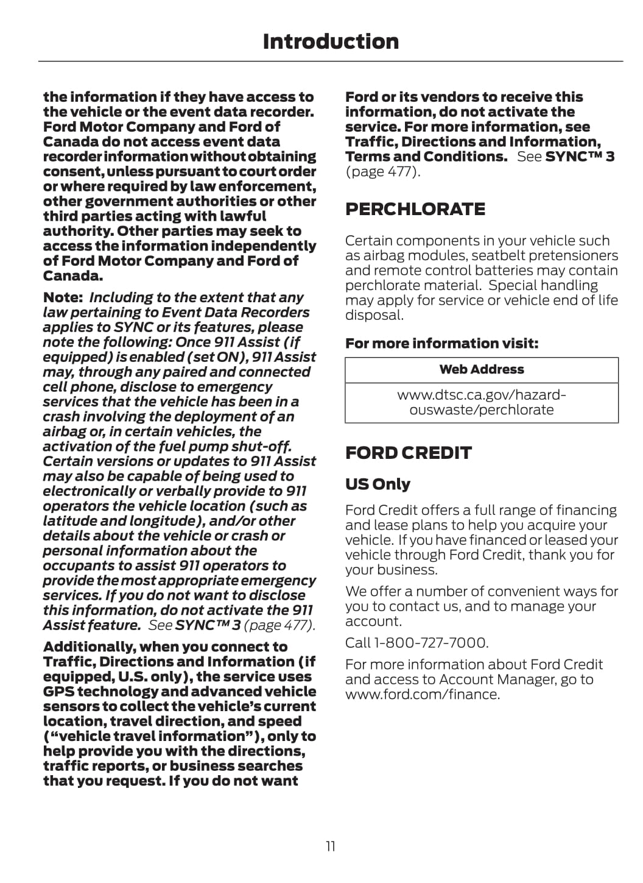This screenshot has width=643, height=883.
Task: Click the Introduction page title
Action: (x=331, y=41)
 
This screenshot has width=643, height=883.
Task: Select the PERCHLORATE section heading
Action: (x=415, y=209)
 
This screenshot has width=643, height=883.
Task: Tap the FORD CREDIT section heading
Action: (x=408, y=453)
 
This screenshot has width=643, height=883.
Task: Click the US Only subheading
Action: (x=378, y=484)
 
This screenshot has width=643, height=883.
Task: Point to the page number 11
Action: (x=331, y=846)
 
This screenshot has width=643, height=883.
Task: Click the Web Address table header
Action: (x=481, y=369)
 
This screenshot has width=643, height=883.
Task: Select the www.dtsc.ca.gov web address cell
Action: (x=481, y=402)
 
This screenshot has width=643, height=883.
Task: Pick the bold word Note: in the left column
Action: (x=63, y=297)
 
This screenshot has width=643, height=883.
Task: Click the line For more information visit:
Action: (x=441, y=343)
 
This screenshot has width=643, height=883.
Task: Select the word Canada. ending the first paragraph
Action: (x=72, y=275)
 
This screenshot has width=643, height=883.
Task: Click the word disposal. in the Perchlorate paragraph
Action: (x=374, y=315)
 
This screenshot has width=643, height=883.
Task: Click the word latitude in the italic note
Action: (x=69, y=521)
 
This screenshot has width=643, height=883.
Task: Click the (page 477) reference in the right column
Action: (x=382, y=171)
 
